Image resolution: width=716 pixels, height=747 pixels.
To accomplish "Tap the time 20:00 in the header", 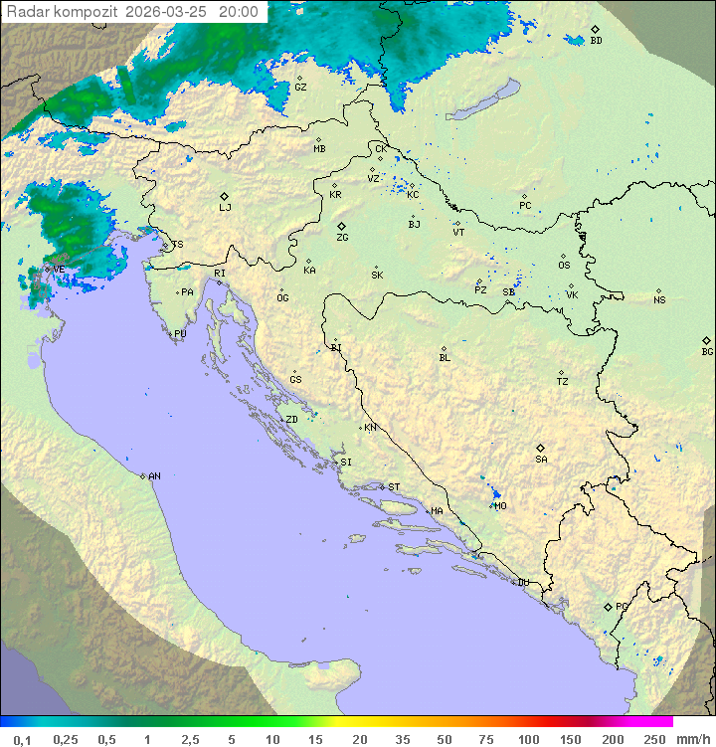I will pyautogui.click(x=239, y=13).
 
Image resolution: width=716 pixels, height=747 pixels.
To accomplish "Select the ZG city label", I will pyautogui.click(x=342, y=238).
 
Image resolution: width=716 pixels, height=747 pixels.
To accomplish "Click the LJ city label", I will pyautogui.click(x=225, y=207).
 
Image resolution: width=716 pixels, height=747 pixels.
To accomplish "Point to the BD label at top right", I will pyautogui.click(x=596, y=41).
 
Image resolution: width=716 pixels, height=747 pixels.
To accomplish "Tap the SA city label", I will pyautogui.click(x=541, y=459).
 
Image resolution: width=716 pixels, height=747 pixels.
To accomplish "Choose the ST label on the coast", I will pyautogui.click(x=394, y=487).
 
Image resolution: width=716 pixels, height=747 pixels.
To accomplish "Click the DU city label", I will pyautogui.click(x=522, y=583).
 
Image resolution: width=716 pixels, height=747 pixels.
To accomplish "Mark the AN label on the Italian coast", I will pyautogui.click(x=154, y=476).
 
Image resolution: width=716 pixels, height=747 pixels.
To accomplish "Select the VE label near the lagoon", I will pyautogui.click(x=59, y=270).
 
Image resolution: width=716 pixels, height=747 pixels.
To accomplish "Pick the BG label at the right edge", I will pyautogui.click(x=707, y=351).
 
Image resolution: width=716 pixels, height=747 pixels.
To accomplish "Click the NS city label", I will pyautogui.click(x=659, y=300).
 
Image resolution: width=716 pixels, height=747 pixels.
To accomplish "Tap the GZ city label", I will pyautogui.click(x=300, y=87).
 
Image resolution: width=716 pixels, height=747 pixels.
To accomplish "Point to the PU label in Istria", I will pyautogui.click(x=180, y=334).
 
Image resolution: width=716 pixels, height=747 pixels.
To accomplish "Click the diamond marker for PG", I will pyautogui.click(x=608, y=606).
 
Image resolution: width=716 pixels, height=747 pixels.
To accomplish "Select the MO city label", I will pyautogui.click(x=500, y=505).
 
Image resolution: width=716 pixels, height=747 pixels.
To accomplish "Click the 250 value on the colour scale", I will pyautogui.click(x=653, y=739).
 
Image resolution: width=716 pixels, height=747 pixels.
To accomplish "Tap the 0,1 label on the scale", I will pyautogui.click(x=22, y=739).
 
